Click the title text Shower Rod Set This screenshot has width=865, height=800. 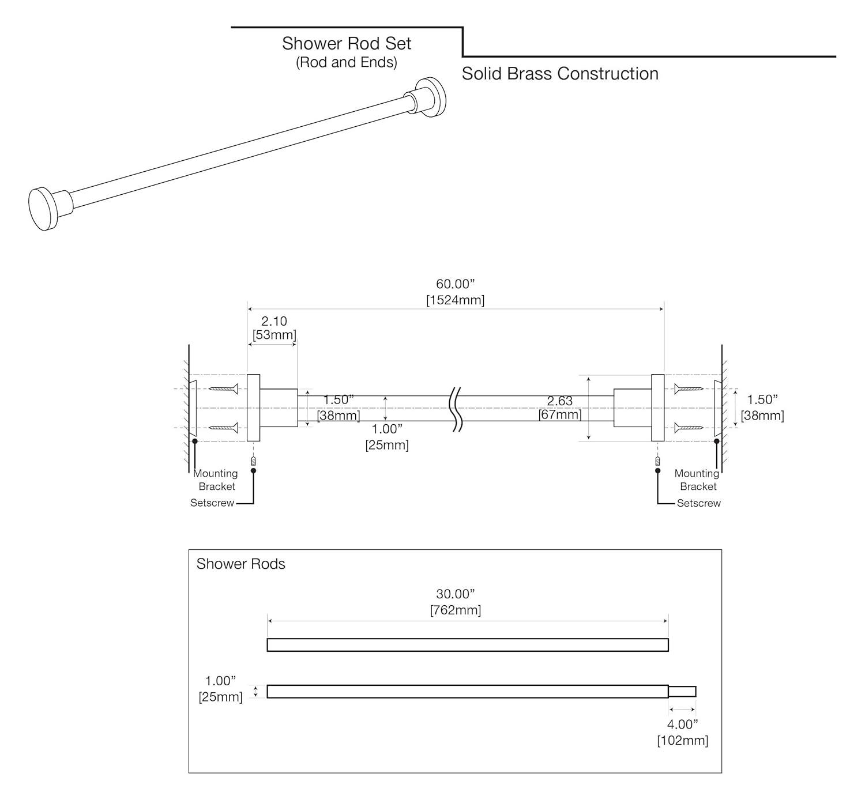pos(346,44)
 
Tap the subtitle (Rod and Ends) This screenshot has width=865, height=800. pos(346,62)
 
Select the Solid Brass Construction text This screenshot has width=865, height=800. pos(560,74)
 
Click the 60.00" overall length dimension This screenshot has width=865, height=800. pos(455,284)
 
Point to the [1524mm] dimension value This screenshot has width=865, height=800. pos(455,300)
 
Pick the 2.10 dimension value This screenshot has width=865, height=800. pos(274,322)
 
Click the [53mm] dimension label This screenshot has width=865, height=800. pos(274,335)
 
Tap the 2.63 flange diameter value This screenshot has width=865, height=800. pos(560,401)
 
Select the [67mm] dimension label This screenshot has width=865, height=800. pos(560,414)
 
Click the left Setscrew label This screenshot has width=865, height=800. pos(212,503)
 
